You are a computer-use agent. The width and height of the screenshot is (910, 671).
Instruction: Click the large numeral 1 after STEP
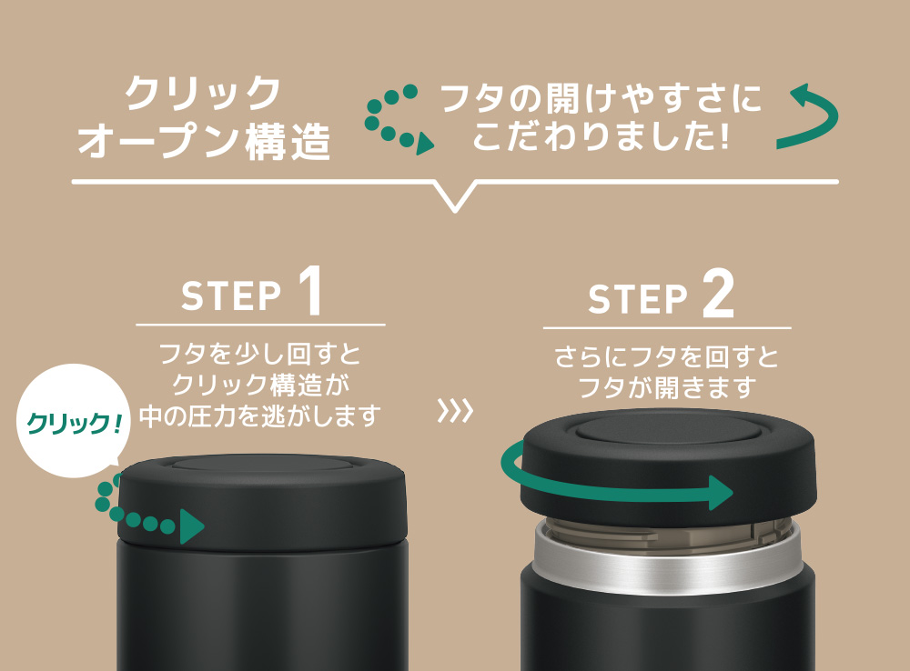tap(311, 291)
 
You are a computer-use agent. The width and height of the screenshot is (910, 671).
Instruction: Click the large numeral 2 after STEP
tap(718, 294)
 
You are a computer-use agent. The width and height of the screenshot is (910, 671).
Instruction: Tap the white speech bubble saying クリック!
tap(74, 420)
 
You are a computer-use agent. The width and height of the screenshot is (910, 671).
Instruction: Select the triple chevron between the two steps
tap(456, 411)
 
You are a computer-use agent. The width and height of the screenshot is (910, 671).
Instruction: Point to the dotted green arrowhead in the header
tap(424, 144)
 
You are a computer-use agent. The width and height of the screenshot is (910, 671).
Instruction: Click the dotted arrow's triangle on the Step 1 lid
tap(191, 526)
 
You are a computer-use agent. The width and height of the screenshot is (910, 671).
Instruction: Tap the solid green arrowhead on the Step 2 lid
tap(722, 493)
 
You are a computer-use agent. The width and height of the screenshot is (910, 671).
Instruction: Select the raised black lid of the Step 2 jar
tap(667, 464)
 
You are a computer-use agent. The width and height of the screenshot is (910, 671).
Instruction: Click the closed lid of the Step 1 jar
tap(262, 500)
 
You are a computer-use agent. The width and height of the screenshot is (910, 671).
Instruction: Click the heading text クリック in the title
tap(203, 93)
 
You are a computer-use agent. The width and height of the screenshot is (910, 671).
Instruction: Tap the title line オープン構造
tap(204, 141)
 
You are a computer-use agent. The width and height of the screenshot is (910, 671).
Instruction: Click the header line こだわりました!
tap(601, 136)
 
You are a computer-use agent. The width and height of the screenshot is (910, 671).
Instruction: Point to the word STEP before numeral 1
tap(231, 296)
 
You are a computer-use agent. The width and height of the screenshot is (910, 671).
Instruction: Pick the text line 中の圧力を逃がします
tap(260, 416)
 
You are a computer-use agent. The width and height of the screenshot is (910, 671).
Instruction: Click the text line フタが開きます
tap(667, 387)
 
